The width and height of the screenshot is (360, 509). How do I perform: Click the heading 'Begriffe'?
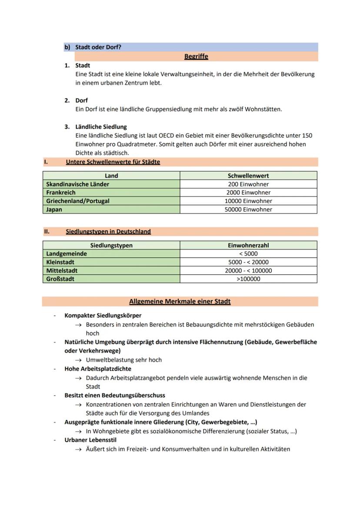tap(196, 57)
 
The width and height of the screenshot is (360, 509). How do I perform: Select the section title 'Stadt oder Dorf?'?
tap(98, 47)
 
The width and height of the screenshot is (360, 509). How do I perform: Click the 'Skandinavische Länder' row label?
tap(77, 184)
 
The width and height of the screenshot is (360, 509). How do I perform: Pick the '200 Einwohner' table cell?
tap(248, 184)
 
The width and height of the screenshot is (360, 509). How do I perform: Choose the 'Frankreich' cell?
tap(61, 193)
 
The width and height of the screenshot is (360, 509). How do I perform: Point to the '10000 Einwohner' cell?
tap(248, 201)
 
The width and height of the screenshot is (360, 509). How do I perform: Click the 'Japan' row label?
tap(54, 210)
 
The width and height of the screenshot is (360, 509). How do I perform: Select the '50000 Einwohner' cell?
tap(248, 210)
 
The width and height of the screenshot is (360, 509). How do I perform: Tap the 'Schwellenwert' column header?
tap(248, 176)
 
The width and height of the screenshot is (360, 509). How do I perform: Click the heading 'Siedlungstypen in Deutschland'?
tap(108, 232)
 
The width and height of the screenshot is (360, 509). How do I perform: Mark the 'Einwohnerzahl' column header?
tap(248, 245)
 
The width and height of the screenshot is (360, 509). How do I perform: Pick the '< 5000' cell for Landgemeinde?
tap(248, 254)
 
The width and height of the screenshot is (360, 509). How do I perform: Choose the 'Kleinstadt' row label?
tap(60, 262)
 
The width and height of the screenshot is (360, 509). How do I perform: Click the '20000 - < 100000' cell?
tap(248, 271)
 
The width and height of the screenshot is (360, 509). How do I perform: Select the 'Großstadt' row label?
tap(60, 279)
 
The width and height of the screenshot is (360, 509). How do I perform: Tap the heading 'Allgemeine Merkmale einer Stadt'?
tap(180, 302)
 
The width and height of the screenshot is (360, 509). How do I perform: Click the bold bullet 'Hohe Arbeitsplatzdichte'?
tap(98, 369)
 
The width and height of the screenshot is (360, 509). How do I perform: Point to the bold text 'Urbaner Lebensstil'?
tap(90, 440)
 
